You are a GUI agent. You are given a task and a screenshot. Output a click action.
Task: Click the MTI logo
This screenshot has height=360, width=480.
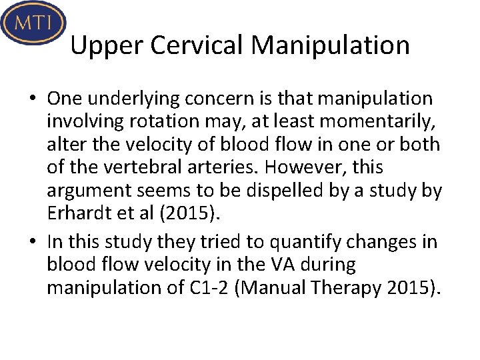point(33,23)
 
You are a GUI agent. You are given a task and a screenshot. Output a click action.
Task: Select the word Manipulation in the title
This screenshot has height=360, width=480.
point(331,45)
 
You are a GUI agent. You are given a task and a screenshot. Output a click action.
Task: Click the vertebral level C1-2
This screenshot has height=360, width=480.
point(201,288)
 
